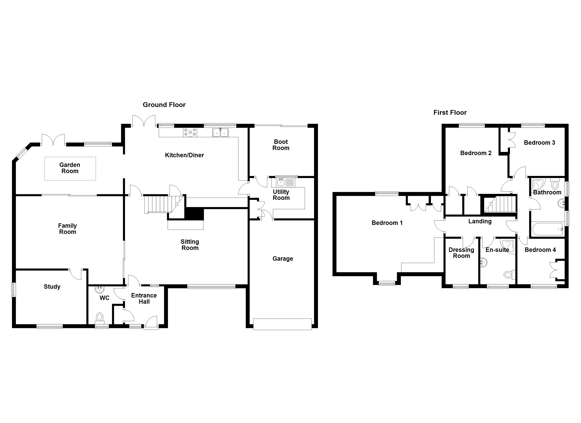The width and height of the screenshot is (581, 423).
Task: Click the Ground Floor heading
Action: tap(164, 105)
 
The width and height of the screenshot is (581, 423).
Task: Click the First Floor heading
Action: tap(450, 112)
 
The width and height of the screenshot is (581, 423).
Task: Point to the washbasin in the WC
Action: tap(100, 290)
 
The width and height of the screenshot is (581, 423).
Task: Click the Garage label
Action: tap(283, 259)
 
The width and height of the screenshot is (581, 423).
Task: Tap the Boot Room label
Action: tap(281, 145)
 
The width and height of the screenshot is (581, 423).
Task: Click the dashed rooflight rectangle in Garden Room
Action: tap(70, 168)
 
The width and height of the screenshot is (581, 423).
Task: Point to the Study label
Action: tap(52, 287)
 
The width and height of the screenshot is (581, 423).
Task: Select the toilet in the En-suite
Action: tap(509, 275)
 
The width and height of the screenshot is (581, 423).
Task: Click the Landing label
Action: tap(480, 221)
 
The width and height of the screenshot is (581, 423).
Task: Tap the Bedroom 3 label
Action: tap(539, 143)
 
